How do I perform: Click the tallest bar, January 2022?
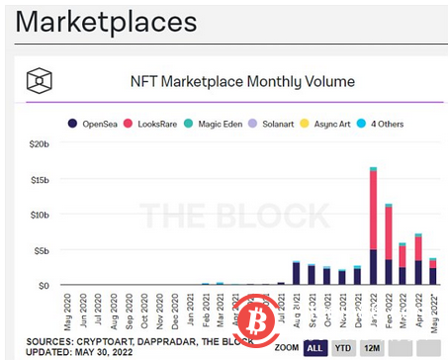(x=373, y=227)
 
